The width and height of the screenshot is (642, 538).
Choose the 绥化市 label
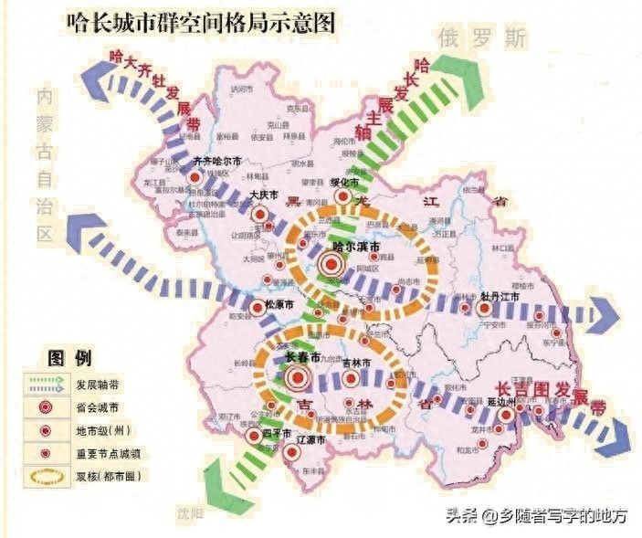(x=350, y=182)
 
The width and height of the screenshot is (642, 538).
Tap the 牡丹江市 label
(x=499, y=297)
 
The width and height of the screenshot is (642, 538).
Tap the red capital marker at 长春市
(x=295, y=377)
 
